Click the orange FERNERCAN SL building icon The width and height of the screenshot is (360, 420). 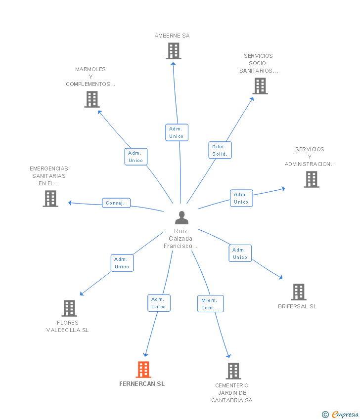143,370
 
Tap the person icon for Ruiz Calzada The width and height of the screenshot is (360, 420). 182,217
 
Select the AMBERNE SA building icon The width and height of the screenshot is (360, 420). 174,51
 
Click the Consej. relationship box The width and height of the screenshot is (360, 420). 116,203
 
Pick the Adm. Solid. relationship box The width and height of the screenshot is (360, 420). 220,150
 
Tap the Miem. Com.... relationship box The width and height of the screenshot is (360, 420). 211,304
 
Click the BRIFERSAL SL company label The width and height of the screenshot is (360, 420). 297,306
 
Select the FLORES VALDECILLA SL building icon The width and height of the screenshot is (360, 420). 69,308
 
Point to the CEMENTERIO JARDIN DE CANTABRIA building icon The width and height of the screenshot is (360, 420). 233,371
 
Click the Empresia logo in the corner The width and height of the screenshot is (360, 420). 340,414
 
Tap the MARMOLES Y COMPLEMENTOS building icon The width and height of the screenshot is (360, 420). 92,99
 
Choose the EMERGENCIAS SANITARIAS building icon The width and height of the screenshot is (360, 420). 50,199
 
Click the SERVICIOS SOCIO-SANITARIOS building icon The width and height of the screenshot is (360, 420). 260,86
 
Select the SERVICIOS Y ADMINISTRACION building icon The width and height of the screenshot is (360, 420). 312,179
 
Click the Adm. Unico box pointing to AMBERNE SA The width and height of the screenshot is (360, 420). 177,132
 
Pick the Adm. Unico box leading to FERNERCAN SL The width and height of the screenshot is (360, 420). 159,303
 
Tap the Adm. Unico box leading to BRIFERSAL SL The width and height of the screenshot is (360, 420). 240,253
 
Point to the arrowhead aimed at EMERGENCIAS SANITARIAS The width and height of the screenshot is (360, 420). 70,203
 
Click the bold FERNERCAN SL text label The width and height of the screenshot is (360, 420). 142,384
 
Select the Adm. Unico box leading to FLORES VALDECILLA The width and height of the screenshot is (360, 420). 122,263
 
